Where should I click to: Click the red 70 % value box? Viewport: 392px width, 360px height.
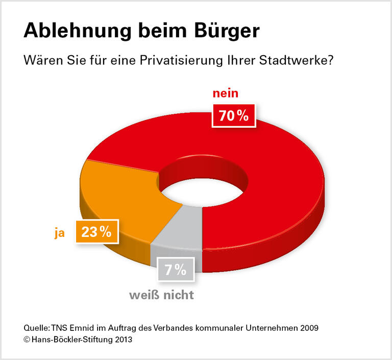(233, 116)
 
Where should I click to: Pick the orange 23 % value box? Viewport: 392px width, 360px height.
(96, 232)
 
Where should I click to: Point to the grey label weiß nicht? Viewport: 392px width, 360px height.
(162, 295)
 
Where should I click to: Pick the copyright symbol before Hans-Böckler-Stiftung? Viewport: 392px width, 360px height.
(27, 339)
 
